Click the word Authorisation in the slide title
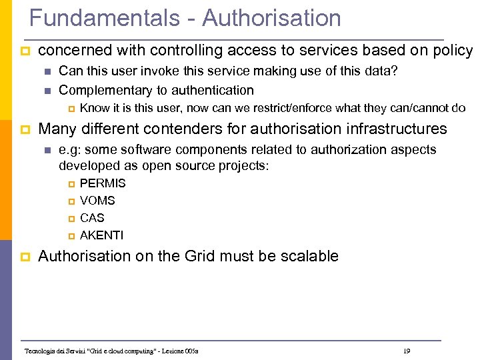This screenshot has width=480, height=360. click(271, 18)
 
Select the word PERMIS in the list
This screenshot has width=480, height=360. click(103, 183)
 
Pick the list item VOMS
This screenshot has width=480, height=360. click(97, 201)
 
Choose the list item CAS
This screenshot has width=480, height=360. click(92, 218)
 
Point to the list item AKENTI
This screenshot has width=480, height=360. click(101, 235)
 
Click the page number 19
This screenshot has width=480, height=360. click(407, 351)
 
